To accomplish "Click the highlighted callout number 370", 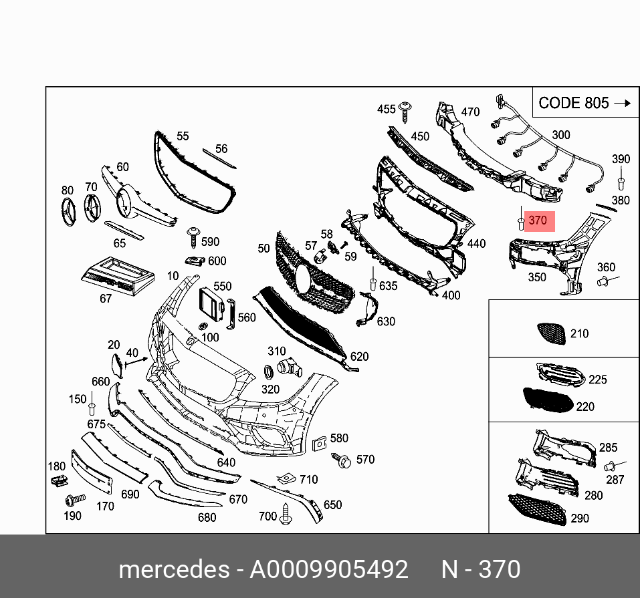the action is [538, 220].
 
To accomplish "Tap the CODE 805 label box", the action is [586, 102].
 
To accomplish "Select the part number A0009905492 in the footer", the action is [328, 569].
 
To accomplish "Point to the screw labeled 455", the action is [405, 112].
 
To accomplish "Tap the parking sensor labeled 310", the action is [290, 368].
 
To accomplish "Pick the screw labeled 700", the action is [286, 514].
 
